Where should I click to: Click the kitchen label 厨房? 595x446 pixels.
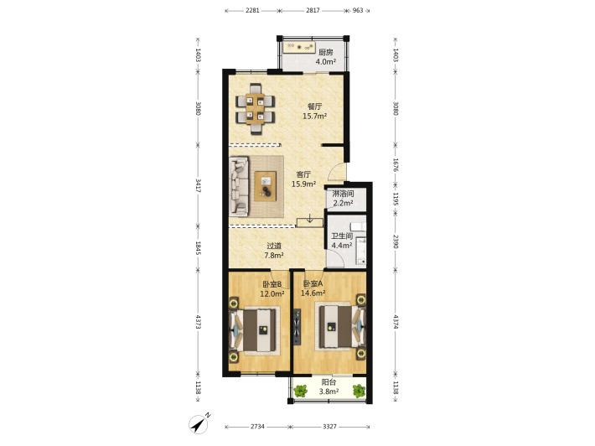pyautogui.click(x=326, y=52)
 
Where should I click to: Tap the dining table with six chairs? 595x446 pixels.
pyautogui.click(x=255, y=109)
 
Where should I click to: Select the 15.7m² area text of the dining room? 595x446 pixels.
pyautogui.click(x=314, y=117)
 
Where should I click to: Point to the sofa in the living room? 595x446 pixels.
pyautogui.click(x=239, y=186)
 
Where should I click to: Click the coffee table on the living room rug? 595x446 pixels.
pyautogui.click(x=266, y=186)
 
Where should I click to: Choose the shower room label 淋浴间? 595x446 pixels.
pyautogui.click(x=343, y=194)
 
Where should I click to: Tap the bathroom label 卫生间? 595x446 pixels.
pyautogui.click(x=342, y=236)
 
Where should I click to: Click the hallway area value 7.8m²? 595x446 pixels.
pyautogui.click(x=274, y=256)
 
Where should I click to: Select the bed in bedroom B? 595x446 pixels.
pyautogui.click(x=255, y=329)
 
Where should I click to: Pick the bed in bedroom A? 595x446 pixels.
pyautogui.click(x=340, y=326)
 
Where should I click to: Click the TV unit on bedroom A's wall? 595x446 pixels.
pyautogui.click(x=297, y=327)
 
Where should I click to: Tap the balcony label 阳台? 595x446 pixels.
pyautogui.click(x=329, y=382)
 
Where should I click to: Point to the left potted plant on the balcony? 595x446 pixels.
pyautogui.click(x=301, y=390)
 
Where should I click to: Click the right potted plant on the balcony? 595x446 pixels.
pyautogui.click(x=359, y=391)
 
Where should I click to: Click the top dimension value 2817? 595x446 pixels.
pyautogui.click(x=313, y=10)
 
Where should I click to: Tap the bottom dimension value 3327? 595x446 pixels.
pyautogui.click(x=329, y=426)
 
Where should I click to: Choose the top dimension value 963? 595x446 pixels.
pyautogui.click(x=358, y=10)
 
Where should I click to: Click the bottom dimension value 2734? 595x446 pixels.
pyautogui.click(x=257, y=426)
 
